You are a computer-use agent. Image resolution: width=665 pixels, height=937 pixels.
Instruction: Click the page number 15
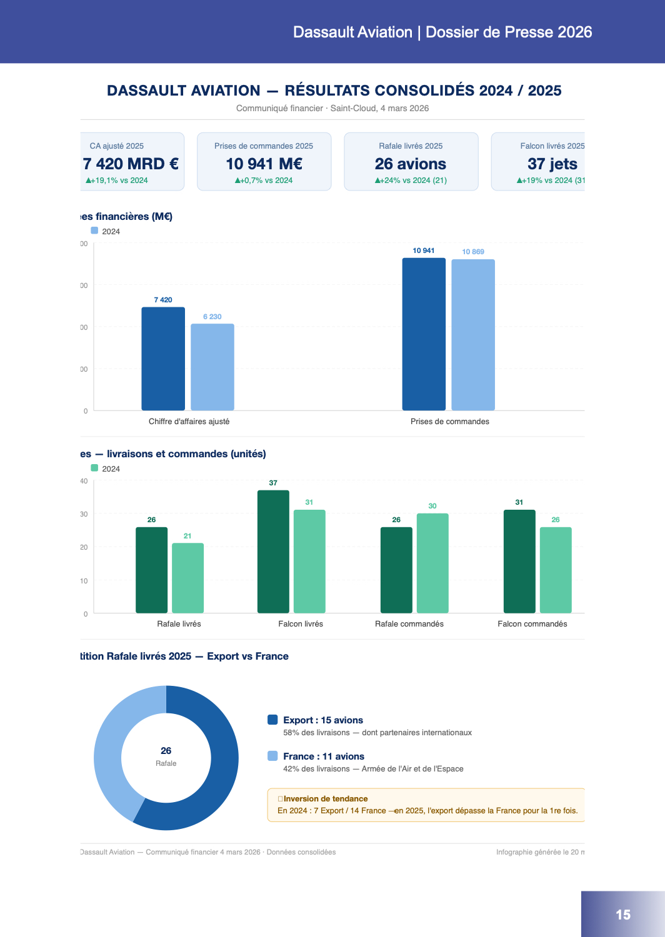pos(623,915)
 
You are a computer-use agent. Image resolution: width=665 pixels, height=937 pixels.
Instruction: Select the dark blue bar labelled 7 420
pos(163,359)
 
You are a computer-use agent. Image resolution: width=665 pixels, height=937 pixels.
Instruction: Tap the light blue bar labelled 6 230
pos(212,367)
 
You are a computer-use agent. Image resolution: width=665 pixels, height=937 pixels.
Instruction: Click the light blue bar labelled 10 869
pos(473,335)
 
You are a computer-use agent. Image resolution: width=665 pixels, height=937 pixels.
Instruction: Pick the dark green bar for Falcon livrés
pos(273,552)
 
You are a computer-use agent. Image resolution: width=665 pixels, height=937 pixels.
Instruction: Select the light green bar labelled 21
pos(187,578)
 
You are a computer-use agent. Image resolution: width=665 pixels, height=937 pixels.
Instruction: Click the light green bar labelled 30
pos(432,563)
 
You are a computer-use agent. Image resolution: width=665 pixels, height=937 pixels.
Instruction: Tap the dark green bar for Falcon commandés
pos(519,561)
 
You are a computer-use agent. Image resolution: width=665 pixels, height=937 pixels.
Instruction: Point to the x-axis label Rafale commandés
pos(409,624)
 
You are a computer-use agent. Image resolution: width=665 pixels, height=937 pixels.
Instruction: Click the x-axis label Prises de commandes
pos(450,422)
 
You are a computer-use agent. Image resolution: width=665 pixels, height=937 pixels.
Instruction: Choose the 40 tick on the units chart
pos(84,481)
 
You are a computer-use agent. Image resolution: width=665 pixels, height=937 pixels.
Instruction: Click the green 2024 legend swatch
pos(95,468)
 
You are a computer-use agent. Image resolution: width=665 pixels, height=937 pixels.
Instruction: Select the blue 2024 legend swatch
pos(95,231)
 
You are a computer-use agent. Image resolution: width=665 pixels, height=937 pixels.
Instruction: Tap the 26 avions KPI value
pos(411,164)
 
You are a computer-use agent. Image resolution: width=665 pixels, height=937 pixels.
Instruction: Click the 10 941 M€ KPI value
pos(264,164)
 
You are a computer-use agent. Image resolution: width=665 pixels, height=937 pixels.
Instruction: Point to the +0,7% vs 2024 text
pos(264,181)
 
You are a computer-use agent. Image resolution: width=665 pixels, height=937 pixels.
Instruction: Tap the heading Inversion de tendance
pos(326,799)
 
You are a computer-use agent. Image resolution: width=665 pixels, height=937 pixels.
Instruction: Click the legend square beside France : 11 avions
pos(272,756)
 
